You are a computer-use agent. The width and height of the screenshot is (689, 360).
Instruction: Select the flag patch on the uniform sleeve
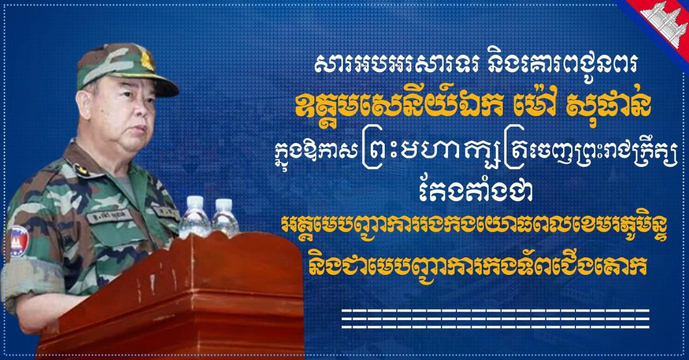19,241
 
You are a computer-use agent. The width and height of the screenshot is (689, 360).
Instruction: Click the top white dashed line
496,311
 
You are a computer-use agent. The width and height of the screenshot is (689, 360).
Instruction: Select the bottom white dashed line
496,327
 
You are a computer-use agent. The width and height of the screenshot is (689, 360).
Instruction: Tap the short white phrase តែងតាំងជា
476,192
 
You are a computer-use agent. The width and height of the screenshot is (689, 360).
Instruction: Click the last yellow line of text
479,266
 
